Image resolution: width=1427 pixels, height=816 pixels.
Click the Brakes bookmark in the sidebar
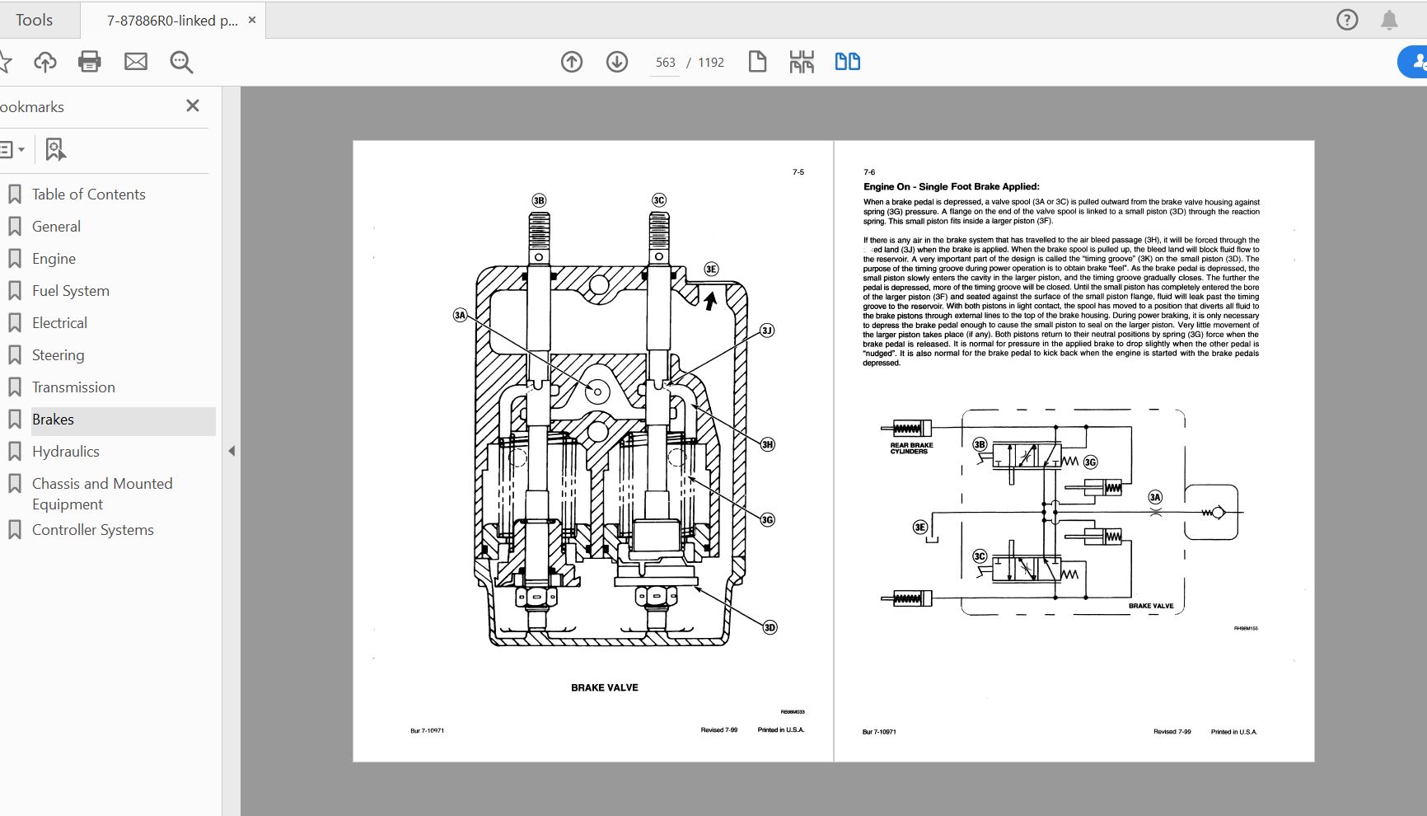pyautogui.click(x=53, y=420)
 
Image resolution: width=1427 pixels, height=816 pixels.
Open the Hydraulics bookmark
pyautogui.click(x=65, y=452)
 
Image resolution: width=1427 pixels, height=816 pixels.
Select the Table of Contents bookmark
pyautogui.click(x=88, y=195)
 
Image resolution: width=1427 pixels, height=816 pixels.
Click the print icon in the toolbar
pyautogui.click(x=89, y=62)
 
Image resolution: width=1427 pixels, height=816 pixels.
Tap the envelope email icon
pyautogui.click(x=135, y=62)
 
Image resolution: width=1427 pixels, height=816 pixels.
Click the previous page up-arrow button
pyautogui.click(x=572, y=62)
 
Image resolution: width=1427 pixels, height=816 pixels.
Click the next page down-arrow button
pyautogui.click(x=617, y=62)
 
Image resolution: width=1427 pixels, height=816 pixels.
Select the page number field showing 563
pyautogui.click(x=665, y=63)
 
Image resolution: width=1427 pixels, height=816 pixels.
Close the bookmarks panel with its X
pyautogui.click(x=193, y=106)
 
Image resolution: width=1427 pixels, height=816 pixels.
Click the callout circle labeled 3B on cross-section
pyautogui.click(x=539, y=200)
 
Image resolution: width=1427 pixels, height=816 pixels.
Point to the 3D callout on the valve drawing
pyautogui.click(x=770, y=627)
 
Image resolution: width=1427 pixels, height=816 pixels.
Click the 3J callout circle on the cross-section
pyautogui.click(x=767, y=331)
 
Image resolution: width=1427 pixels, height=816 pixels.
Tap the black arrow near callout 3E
pyautogui.click(x=709, y=301)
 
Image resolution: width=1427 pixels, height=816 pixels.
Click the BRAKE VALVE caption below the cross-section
pyautogui.click(x=605, y=687)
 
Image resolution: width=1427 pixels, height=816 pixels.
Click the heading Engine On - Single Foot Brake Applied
pyautogui.click(x=951, y=187)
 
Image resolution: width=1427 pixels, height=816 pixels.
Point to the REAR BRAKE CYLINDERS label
pyautogui.click(x=911, y=448)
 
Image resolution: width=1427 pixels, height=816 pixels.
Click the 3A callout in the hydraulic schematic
pyautogui.click(x=1155, y=497)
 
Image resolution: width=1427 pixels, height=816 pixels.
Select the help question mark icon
pyautogui.click(x=1347, y=20)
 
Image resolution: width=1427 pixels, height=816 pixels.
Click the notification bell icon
pyautogui.click(x=1389, y=20)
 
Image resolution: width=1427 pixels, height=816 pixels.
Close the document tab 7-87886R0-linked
pyautogui.click(x=252, y=20)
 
